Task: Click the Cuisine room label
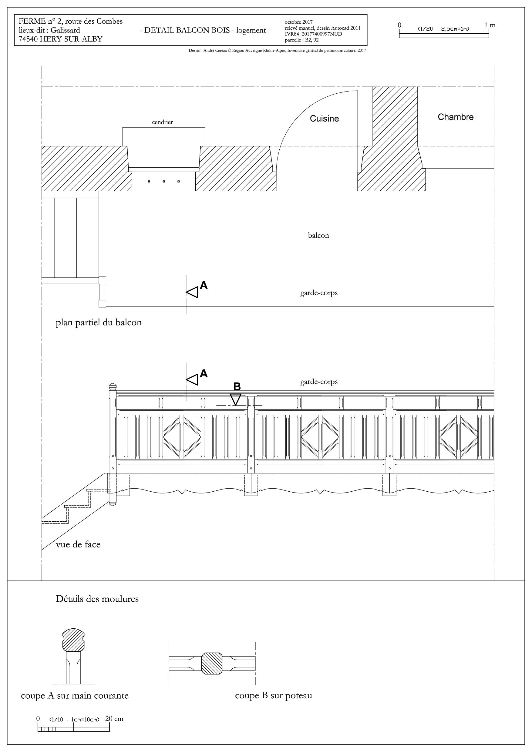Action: [324, 119]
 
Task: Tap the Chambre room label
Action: [456, 117]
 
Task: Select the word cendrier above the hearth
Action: [162, 122]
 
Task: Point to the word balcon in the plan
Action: [318, 236]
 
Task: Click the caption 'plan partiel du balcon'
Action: [99, 323]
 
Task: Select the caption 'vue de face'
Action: [78, 544]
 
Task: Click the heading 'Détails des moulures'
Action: [97, 599]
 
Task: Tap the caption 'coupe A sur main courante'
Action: [75, 695]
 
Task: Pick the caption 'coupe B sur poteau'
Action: [273, 695]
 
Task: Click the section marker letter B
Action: [237, 386]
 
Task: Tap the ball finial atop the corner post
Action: [113, 387]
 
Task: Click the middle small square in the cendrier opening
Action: [163, 181]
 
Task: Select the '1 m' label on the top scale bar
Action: [490, 25]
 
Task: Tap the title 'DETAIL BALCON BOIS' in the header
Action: [187, 30]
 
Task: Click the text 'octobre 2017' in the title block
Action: [299, 22]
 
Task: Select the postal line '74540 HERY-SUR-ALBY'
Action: [60, 39]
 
